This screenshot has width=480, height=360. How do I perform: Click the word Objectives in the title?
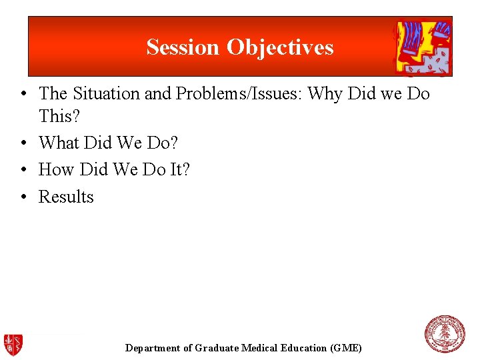(280, 47)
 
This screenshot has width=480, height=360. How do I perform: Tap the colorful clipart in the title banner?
(423, 47)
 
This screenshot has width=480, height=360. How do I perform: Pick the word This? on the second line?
(60, 116)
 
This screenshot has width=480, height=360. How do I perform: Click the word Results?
(66, 197)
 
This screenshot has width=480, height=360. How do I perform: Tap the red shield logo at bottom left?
(13, 344)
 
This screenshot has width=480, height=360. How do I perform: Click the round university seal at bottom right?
(445, 334)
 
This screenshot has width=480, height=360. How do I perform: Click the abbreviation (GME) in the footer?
(346, 348)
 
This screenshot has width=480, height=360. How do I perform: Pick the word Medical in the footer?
(261, 348)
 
